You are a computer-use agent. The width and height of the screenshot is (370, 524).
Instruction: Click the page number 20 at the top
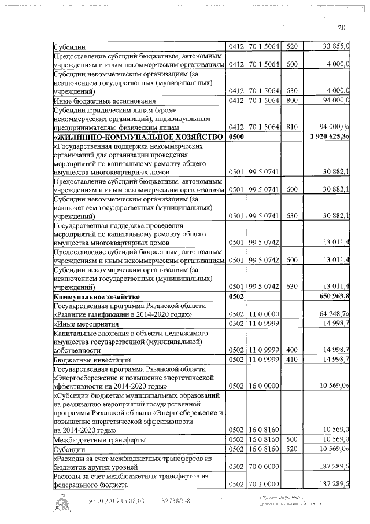coord(341,28)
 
